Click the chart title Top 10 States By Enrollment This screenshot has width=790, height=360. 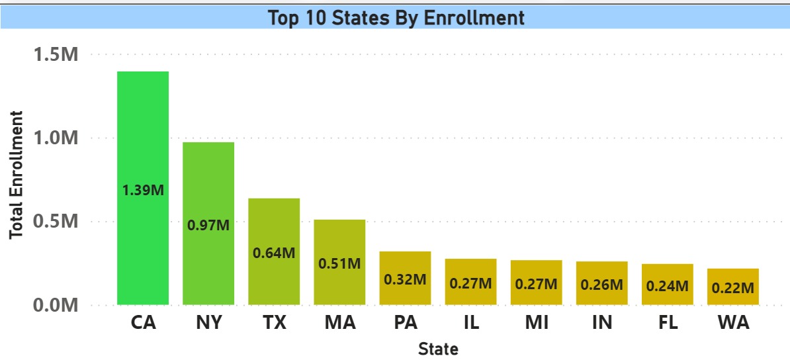(396, 18)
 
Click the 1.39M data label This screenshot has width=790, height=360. (143, 190)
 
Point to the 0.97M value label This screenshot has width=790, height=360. (208, 225)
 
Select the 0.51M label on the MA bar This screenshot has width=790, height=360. (339, 263)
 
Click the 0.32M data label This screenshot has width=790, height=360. (405, 279)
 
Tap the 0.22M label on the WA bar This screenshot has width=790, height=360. (732, 288)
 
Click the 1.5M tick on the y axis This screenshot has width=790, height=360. (56, 55)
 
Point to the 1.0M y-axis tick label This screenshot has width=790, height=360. (56, 138)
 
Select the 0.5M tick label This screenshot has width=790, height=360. (56, 222)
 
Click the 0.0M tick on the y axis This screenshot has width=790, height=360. (56, 306)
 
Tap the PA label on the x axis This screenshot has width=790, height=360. (405, 323)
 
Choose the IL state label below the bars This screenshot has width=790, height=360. (470, 323)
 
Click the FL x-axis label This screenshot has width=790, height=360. (667, 323)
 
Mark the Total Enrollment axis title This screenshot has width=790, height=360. (17, 174)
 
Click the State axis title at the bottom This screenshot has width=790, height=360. (438, 348)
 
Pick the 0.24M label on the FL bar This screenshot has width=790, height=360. (667, 286)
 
